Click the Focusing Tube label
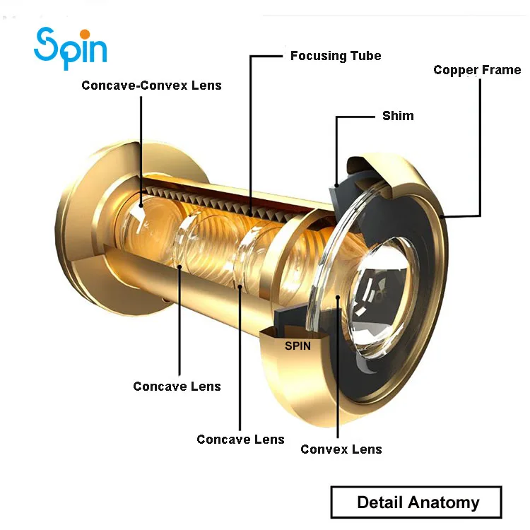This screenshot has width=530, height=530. (x=336, y=55)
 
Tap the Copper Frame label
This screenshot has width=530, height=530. (x=477, y=70)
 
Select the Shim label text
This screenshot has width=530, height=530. (x=398, y=115)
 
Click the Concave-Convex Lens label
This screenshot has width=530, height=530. (x=151, y=86)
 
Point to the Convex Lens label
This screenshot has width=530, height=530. (x=341, y=449)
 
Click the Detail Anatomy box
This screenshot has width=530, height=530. (x=416, y=502)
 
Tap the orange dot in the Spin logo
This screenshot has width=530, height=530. (x=85, y=34)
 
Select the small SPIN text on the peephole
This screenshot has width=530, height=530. (x=298, y=346)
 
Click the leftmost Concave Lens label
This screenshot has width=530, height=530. (x=177, y=387)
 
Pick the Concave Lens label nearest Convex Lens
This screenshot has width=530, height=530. (x=240, y=439)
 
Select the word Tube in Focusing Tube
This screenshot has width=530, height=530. (x=365, y=55)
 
